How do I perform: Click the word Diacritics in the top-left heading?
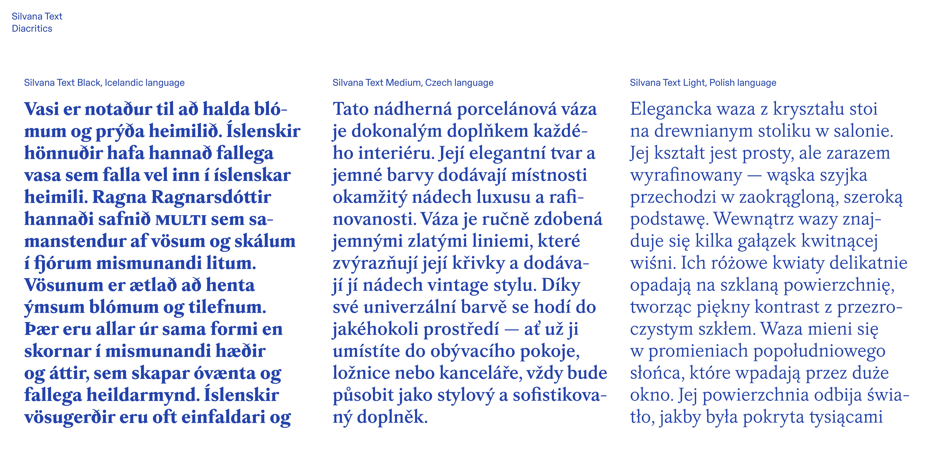pos(32,28)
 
